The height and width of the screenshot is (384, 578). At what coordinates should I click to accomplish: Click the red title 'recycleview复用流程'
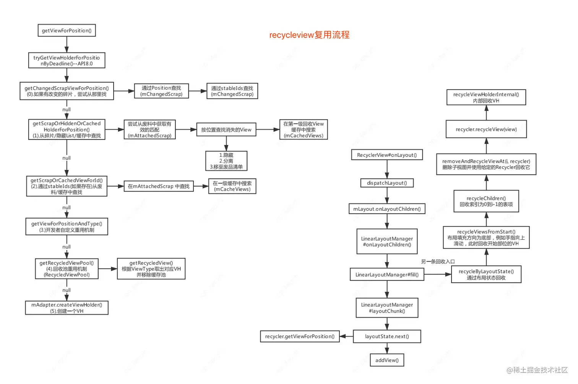pyautogui.click(x=309, y=35)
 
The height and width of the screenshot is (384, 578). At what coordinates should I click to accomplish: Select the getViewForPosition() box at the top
pyautogui.click(x=67, y=31)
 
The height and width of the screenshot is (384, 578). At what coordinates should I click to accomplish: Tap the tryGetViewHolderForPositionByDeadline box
pyautogui.click(x=67, y=61)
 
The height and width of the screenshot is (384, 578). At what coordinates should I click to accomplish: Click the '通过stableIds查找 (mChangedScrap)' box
pyautogui.click(x=232, y=91)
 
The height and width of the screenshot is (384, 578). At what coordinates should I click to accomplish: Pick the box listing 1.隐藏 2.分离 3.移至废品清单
pyautogui.click(x=226, y=161)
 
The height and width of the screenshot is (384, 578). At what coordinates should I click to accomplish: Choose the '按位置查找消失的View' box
pyautogui.click(x=226, y=130)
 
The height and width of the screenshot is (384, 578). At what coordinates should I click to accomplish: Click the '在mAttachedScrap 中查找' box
pyautogui.click(x=159, y=186)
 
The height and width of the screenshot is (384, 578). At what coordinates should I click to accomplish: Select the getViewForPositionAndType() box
pyautogui.click(x=67, y=227)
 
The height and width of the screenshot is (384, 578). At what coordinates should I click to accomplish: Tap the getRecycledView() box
pyautogui.click(x=151, y=269)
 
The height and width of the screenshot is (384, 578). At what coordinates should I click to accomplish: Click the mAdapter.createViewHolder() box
pyautogui.click(x=67, y=308)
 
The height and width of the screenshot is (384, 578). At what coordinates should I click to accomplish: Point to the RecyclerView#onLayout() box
pyautogui.click(x=387, y=155)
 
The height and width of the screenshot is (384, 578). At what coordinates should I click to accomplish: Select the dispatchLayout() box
pyautogui.click(x=387, y=183)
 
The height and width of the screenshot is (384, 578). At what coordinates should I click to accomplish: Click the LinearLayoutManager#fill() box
pyautogui.click(x=387, y=275)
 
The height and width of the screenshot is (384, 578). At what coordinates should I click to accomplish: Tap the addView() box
pyautogui.click(x=387, y=360)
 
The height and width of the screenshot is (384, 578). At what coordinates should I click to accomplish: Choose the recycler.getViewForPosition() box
pyautogui.click(x=300, y=336)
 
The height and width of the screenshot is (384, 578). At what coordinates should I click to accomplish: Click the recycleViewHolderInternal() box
pyautogui.click(x=486, y=97)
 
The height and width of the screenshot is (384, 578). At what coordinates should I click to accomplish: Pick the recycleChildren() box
pyautogui.click(x=486, y=201)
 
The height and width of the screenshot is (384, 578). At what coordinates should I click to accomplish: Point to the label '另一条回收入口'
pyautogui.click(x=438, y=261)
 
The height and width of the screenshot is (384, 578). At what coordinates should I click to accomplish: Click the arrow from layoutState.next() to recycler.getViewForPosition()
pyautogui.click(x=346, y=336)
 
